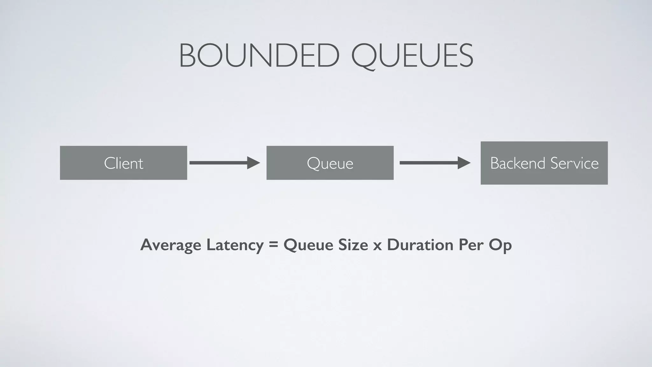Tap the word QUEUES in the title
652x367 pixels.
click(x=412, y=56)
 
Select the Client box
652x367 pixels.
click(x=123, y=163)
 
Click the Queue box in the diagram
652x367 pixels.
click(x=330, y=163)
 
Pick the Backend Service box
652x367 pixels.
click(x=544, y=163)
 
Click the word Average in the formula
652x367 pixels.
click(x=170, y=245)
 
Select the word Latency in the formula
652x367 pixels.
click(x=235, y=245)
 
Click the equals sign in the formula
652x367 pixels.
click(x=273, y=245)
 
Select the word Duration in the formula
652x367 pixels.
click(x=420, y=245)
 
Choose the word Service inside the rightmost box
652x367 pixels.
click(x=575, y=163)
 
